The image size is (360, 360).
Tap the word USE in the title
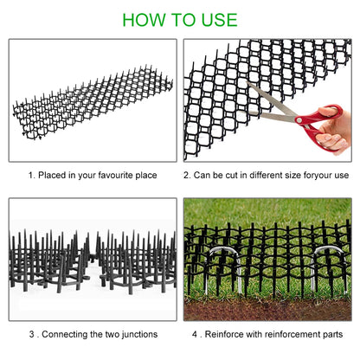tap(215, 19)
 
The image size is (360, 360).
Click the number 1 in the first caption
tap(30, 175)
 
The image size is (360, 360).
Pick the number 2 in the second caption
tap(187, 175)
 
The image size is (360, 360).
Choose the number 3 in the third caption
tap(31, 333)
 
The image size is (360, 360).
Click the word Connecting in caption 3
tap(67, 333)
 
